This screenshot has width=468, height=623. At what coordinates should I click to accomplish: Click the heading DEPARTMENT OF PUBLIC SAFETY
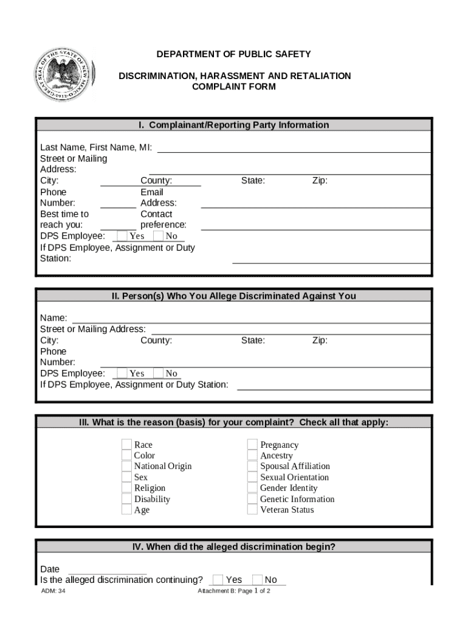(233, 54)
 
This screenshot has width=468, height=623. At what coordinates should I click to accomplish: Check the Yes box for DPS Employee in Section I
(122, 235)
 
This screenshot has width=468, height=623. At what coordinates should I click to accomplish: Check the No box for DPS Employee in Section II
(158, 373)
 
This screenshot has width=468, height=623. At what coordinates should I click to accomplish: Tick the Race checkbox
(126, 445)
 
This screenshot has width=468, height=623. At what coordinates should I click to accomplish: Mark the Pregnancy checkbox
(252, 445)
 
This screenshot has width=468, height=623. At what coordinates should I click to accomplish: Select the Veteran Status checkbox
(252, 510)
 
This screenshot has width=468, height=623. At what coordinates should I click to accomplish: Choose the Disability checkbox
(126, 499)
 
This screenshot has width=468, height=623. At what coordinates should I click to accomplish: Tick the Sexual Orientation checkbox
(252, 478)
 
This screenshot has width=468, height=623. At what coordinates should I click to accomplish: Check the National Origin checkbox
(126, 467)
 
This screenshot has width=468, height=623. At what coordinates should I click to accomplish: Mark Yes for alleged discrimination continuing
(218, 580)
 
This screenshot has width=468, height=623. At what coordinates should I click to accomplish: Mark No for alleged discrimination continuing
(257, 580)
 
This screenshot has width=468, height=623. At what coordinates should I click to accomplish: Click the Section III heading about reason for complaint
(234, 422)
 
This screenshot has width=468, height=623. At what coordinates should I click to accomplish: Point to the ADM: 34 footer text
(53, 591)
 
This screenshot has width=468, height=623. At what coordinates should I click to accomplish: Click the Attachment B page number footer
(233, 591)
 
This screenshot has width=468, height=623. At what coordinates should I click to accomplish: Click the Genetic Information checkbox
(252, 499)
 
